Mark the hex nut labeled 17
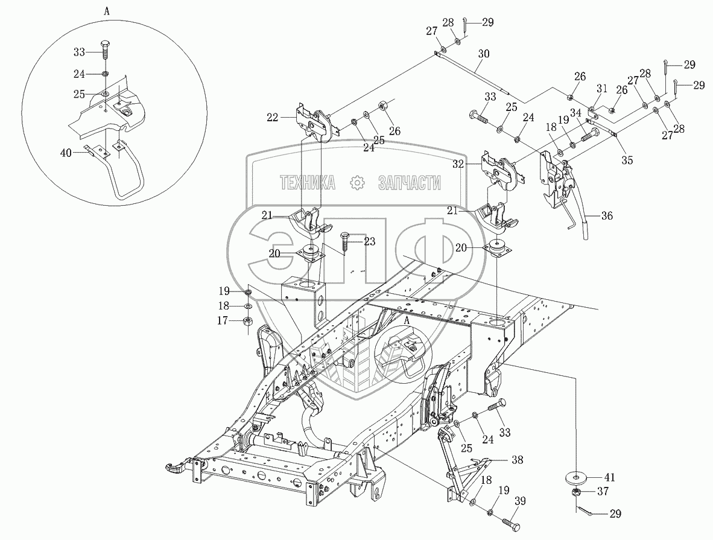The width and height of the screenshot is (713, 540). pyautogui.click(x=247, y=322)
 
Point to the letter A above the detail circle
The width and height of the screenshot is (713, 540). pyautogui.click(x=107, y=11)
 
